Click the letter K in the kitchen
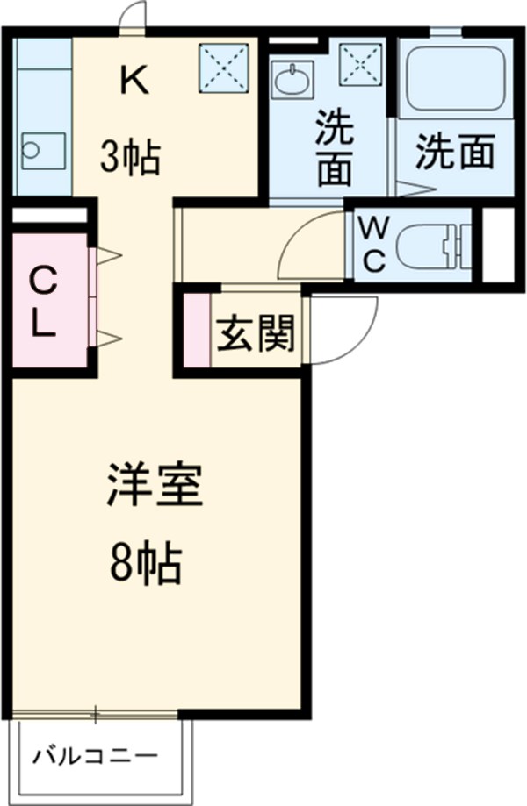(x=134, y=82)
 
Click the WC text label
(x=374, y=245)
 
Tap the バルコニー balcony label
(x=97, y=756)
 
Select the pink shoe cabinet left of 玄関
(x=198, y=331)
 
